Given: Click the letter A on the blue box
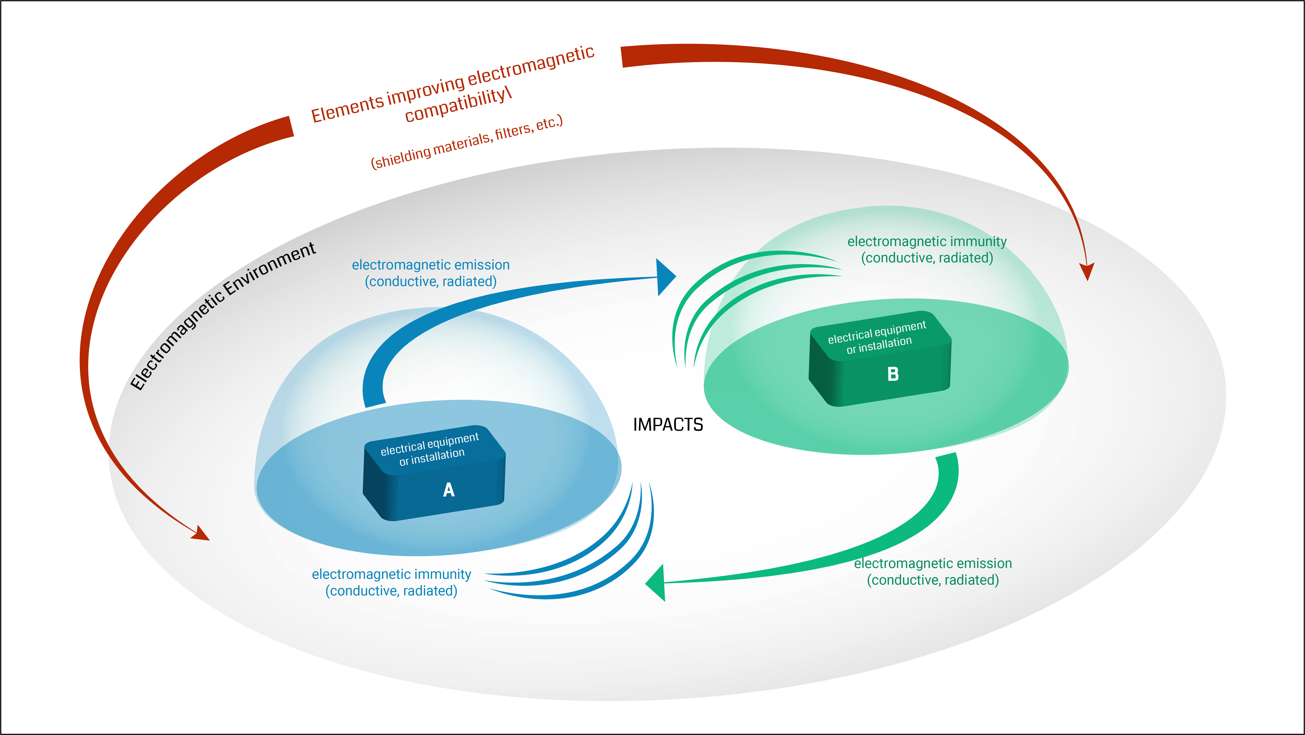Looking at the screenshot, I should click(x=448, y=489).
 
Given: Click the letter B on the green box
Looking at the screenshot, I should click(x=893, y=374).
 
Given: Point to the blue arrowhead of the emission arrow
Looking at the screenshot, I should click(x=665, y=277).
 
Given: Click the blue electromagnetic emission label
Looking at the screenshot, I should click(x=431, y=273).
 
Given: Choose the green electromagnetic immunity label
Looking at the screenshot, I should click(x=926, y=250).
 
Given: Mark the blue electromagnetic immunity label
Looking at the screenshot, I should click(x=391, y=582).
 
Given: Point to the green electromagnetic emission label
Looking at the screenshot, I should click(x=933, y=571).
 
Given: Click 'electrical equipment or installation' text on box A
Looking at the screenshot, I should click(x=431, y=449).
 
